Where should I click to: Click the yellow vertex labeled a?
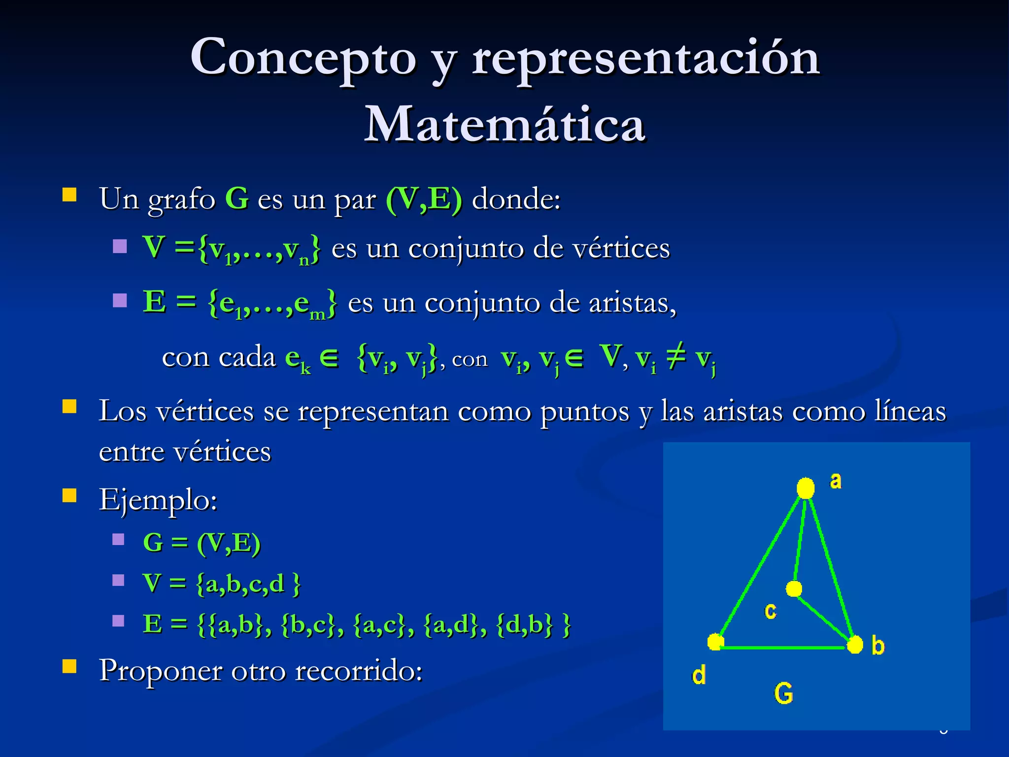(x=806, y=488)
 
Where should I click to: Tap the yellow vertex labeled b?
(x=855, y=645)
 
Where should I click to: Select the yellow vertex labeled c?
(x=794, y=588)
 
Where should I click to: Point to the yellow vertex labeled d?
(x=715, y=642)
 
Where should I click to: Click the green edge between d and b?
(x=785, y=648)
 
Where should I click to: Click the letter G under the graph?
(x=783, y=693)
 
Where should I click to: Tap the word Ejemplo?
(x=158, y=501)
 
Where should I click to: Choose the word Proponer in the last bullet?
(x=161, y=671)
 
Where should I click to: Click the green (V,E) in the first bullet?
(x=424, y=200)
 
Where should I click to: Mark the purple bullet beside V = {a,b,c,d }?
(x=118, y=580)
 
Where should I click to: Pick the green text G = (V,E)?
(x=202, y=543)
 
